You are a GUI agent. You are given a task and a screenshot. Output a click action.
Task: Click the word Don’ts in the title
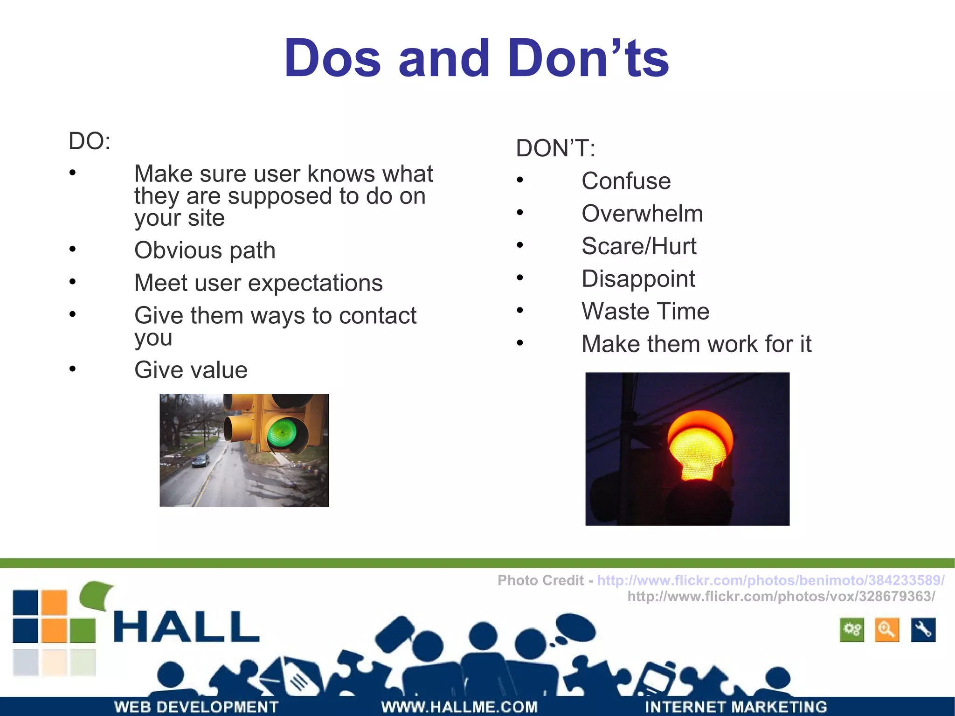(588, 58)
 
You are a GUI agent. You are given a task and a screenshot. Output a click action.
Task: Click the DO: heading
(90, 141)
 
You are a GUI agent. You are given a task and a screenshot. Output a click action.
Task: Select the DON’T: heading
(555, 148)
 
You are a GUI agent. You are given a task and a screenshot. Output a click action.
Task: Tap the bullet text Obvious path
(205, 250)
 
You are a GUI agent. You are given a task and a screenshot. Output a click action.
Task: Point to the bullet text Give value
(191, 370)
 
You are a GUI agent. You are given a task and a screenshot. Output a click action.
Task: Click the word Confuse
(626, 181)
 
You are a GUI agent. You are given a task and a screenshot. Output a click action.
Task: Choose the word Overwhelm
(642, 214)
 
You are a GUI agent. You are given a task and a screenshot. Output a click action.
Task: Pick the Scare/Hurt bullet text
(639, 246)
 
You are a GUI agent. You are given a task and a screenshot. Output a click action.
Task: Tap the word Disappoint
(638, 279)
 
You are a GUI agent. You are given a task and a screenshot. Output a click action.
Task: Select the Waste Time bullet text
(645, 311)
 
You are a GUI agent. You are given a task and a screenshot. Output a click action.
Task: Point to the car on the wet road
(201, 461)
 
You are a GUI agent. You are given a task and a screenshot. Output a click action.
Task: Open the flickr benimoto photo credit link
(770, 580)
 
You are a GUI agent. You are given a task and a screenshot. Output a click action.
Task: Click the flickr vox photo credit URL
(781, 596)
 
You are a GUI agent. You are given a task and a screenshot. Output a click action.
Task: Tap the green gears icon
(852, 630)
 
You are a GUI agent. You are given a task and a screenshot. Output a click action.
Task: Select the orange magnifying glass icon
(886, 630)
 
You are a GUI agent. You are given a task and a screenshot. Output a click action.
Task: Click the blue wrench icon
(923, 630)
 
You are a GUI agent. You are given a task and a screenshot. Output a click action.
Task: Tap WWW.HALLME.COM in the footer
(459, 707)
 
